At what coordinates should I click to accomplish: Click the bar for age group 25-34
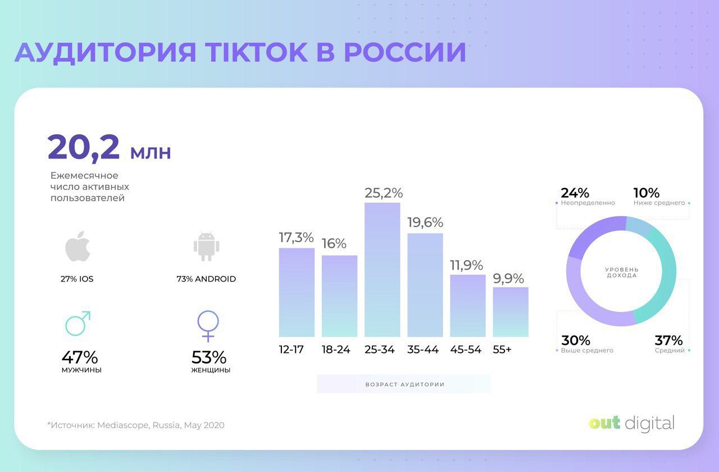(382, 270)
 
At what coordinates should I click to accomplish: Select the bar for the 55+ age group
(511, 312)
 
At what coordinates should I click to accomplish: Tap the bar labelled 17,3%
(297, 292)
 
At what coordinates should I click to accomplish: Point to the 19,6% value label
(425, 223)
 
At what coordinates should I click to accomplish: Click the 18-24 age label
(336, 350)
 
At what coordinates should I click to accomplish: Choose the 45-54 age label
(466, 350)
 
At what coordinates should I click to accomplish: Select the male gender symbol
(78, 323)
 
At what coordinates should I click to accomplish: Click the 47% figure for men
(80, 357)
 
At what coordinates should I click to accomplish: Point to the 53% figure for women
(209, 357)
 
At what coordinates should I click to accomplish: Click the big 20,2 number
(84, 147)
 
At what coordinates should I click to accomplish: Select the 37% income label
(668, 341)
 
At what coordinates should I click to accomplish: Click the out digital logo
(631, 423)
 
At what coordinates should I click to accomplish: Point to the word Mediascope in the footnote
(123, 425)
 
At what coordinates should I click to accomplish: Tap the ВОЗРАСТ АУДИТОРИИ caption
(404, 384)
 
